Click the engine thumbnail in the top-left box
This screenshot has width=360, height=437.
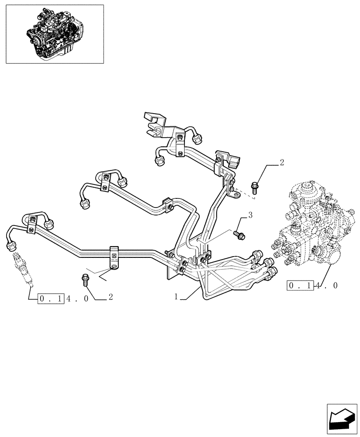click(x=55, y=34)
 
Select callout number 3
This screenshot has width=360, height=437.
click(x=250, y=215)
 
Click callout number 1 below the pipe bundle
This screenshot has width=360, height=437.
click(x=176, y=297)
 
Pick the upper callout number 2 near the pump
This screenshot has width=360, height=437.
click(x=282, y=163)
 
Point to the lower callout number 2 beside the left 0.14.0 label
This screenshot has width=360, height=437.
click(x=111, y=297)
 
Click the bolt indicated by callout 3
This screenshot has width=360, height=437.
click(x=239, y=235)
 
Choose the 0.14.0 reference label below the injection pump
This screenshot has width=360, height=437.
click(x=312, y=286)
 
